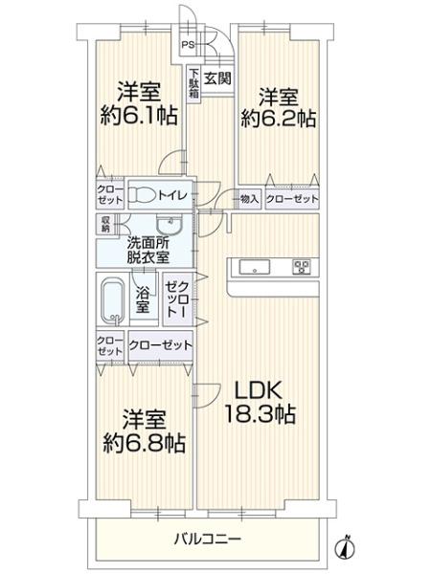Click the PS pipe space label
[x=189, y=45]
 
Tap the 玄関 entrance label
[x=217, y=77]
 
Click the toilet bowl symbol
[x=144, y=194]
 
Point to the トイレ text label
[x=173, y=195]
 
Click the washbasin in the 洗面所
[x=170, y=225]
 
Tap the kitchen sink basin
[x=255, y=267]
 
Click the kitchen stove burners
[x=302, y=267]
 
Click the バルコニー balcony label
[x=208, y=539]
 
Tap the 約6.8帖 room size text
[x=144, y=443]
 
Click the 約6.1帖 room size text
[x=139, y=116]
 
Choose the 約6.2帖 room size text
[x=278, y=119]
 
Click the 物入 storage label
[x=249, y=199]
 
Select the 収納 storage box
[x=106, y=225]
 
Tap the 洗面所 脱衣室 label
[x=148, y=251]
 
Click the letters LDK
[x=258, y=390]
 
